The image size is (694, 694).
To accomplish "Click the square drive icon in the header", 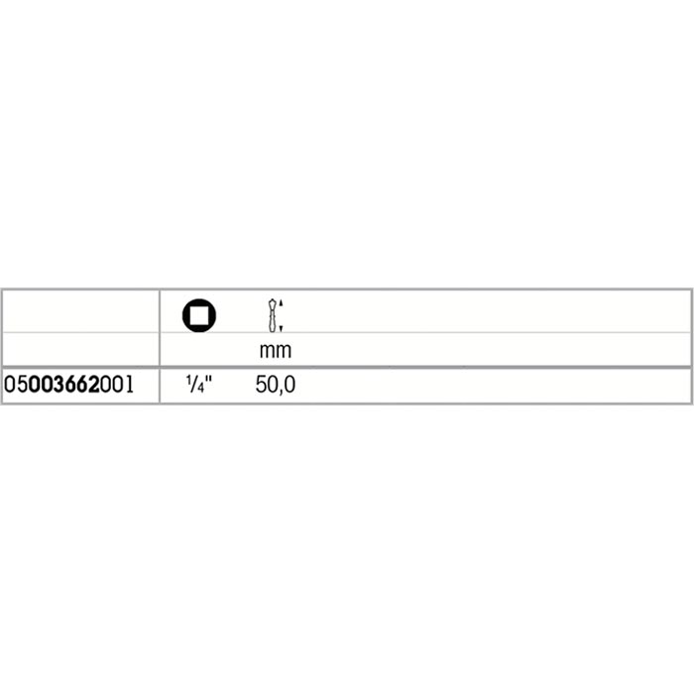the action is (199, 315).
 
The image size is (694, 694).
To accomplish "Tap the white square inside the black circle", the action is (199, 315).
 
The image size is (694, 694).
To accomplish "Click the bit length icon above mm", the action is (275, 315).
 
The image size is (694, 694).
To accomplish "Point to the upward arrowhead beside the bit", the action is (281, 302).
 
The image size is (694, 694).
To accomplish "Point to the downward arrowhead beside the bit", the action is (281, 328).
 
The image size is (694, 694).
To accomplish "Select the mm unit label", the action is (276, 351).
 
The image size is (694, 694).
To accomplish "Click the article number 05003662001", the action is (68, 385).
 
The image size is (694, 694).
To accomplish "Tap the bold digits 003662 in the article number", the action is (64, 385).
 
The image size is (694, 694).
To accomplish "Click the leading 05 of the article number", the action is (16, 385).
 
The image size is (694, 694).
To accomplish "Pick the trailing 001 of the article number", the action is (117, 385).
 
